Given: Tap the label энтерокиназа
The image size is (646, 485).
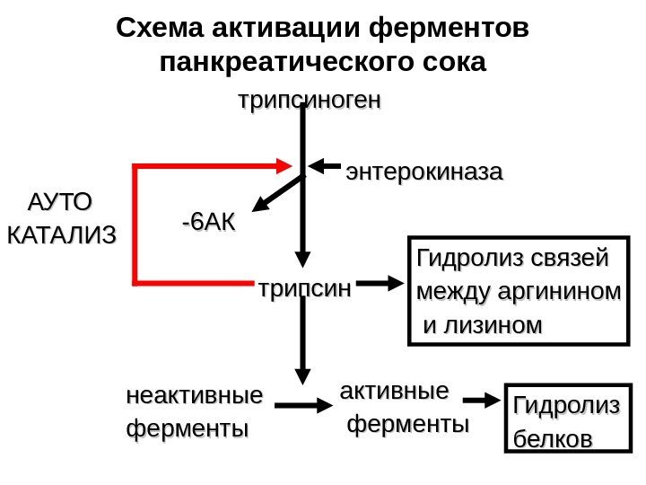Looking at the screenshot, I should (x=424, y=171).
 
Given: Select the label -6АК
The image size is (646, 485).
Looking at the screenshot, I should (x=206, y=220).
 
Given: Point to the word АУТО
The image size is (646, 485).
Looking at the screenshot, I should (x=61, y=198).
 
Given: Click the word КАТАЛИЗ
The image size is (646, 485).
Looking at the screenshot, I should (x=61, y=237).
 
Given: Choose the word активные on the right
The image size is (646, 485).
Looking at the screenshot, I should (x=394, y=391).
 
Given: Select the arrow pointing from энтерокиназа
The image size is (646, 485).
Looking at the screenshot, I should (x=327, y=167).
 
